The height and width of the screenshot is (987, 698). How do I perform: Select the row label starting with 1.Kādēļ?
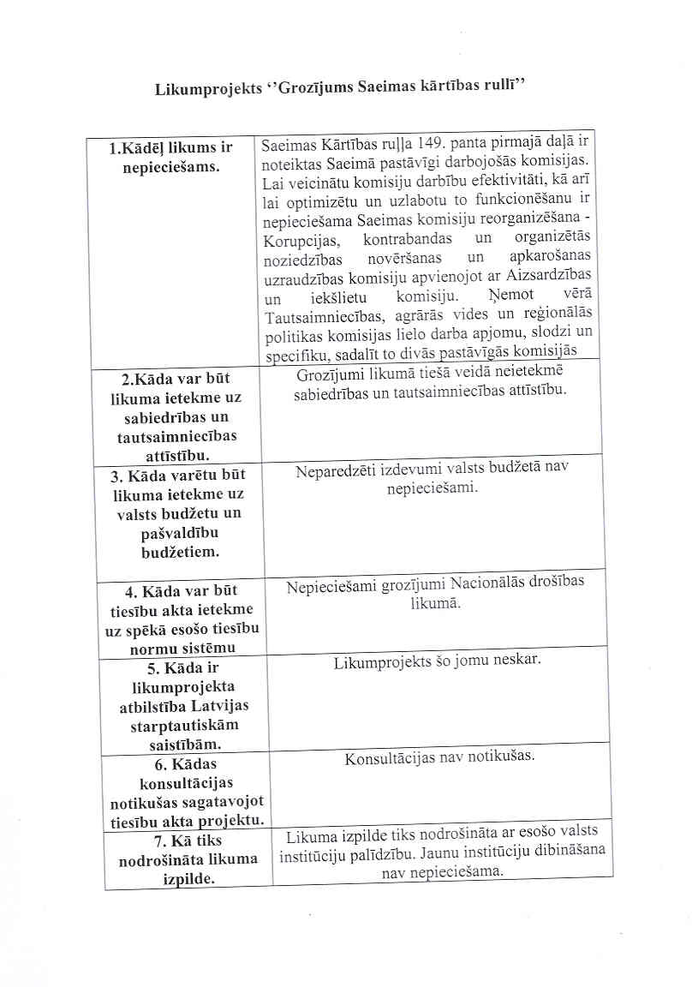171,157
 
